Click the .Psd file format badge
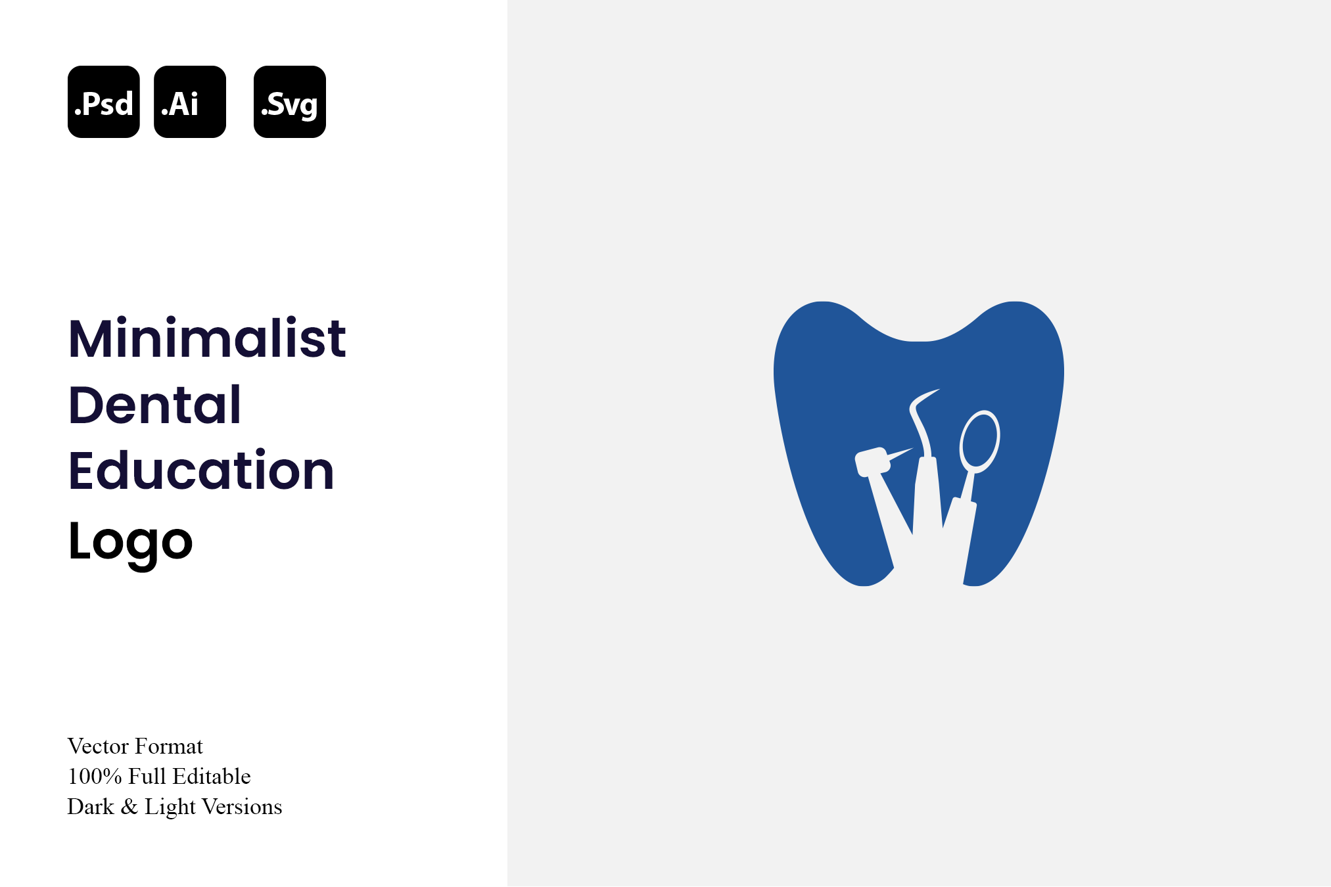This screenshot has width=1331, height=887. pyautogui.click(x=104, y=102)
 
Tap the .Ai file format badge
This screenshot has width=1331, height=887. pyautogui.click(x=190, y=102)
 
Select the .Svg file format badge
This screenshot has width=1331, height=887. pyautogui.click(x=290, y=102)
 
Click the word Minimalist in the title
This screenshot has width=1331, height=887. pyautogui.click(x=207, y=338)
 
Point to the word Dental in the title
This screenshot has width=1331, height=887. pyautogui.click(x=155, y=404)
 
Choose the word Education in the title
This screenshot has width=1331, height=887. pyautogui.click(x=202, y=470)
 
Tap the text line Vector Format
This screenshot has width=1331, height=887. pyautogui.click(x=135, y=746)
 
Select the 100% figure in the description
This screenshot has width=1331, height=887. pyautogui.click(x=95, y=777)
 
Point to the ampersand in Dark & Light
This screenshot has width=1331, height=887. pyautogui.click(x=129, y=807)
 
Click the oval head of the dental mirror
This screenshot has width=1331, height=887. pyautogui.click(x=979, y=442)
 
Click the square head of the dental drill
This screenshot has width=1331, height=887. pyautogui.click(x=872, y=463)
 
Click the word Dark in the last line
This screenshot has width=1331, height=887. pyautogui.click(x=91, y=807)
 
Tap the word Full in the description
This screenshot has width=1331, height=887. pyautogui.click(x=147, y=777)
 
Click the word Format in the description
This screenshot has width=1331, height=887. pyautogui.click(x=169, y=746)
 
